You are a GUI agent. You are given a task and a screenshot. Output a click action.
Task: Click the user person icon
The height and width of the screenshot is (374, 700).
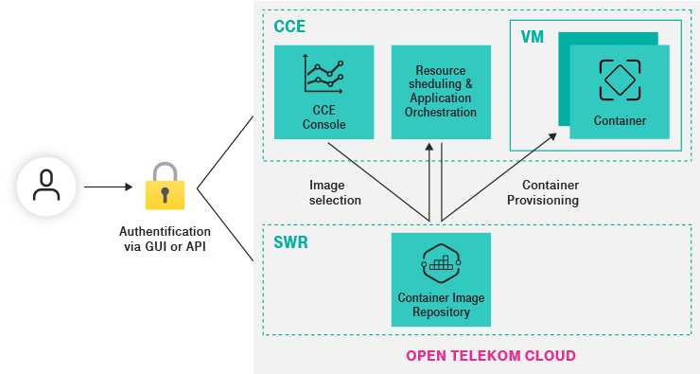point(45,187)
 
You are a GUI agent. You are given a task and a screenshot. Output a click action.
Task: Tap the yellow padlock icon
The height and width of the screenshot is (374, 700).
point(165,187)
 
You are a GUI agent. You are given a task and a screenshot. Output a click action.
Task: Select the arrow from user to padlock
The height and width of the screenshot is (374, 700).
point(106,187)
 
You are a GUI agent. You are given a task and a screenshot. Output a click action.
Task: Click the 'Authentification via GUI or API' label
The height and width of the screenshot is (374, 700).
point(165,238)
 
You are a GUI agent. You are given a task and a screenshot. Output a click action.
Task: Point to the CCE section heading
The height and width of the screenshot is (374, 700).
point(289,27)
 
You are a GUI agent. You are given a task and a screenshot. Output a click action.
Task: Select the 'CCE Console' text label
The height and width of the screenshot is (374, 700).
point(324,117)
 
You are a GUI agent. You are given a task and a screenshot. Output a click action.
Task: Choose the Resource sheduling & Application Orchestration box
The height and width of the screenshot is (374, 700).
point(441,92)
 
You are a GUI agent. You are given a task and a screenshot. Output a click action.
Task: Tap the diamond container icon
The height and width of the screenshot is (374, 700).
point(620,80)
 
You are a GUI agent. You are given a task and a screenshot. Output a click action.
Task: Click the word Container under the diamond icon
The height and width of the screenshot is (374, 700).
point(620,120)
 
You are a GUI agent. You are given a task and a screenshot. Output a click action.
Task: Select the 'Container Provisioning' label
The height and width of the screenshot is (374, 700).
point(543,192)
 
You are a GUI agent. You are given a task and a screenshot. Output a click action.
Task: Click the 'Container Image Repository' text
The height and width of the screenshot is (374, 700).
point(441,305)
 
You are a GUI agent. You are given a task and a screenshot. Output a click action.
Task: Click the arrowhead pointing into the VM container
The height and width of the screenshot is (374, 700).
point(552,137)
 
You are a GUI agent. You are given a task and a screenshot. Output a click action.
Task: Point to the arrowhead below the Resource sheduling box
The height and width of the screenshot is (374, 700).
point(430,148)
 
